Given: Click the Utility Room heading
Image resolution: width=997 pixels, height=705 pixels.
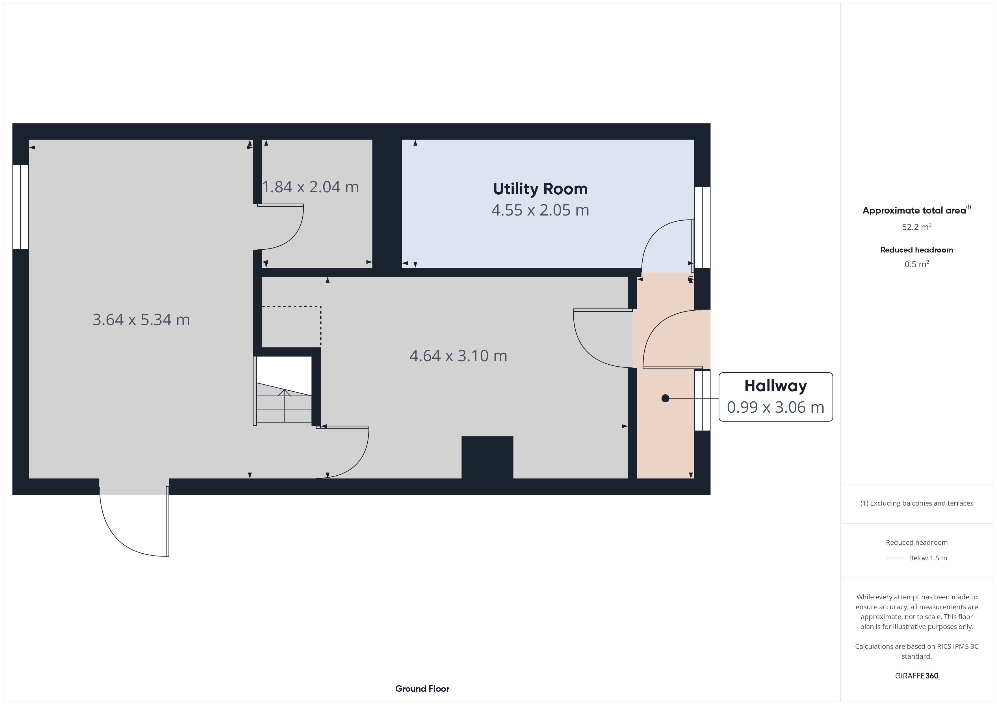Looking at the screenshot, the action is tap(540, 189).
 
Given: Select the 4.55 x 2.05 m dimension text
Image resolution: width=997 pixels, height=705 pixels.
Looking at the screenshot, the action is tap(540, 210).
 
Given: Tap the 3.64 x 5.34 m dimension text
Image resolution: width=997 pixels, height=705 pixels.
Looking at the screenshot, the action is tap(141, 320).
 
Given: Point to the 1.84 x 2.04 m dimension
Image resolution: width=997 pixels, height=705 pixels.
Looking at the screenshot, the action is tap(311, 187).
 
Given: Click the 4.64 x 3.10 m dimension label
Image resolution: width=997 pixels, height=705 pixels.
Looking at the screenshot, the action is tap(458, 356).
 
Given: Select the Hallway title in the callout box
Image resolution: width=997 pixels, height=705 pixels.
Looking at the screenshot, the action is tap(775, 386).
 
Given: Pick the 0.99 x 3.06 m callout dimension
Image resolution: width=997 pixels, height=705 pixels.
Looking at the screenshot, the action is tap(775, 407).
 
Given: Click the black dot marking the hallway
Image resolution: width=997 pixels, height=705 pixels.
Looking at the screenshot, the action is tap(665, 398).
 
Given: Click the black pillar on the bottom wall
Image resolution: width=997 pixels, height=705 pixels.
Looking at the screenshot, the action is tap(487, 458).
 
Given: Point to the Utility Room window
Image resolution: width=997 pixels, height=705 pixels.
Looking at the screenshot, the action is tap(702, 227).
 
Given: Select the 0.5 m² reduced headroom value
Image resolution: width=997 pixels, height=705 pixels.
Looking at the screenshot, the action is tap(917, 264).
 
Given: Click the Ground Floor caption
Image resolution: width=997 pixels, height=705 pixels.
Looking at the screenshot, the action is tap(422, 689).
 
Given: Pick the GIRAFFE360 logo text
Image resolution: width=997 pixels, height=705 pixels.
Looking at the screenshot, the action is tap(917, 676).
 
